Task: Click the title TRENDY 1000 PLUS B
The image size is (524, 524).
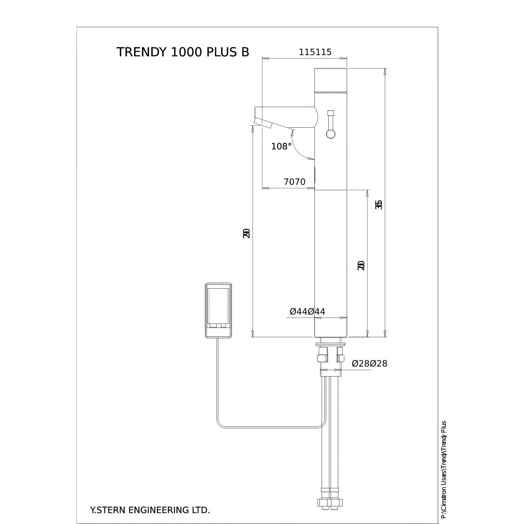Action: click(x=183, y=52)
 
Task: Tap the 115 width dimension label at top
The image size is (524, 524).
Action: click(x=315, y=52)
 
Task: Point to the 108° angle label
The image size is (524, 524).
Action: click(x=281, y=146)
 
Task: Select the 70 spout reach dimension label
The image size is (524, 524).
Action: click(x=294, y=182)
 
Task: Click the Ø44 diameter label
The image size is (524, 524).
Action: click(x=307, y=311)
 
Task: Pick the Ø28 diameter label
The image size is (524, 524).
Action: click(x=369, y=363)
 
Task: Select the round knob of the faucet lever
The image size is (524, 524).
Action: click(x=330, y=134)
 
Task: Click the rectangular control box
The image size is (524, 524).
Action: click(x=218, y=310)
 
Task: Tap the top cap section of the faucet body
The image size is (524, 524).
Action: click(x=330, y=80)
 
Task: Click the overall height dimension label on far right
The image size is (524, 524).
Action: click(x=378, y=205)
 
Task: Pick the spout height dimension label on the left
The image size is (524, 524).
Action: click(x=246, y=233)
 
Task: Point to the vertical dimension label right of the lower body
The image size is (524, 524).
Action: click(x=361, y=265)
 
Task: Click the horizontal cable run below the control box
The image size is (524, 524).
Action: click(x=271, y=428)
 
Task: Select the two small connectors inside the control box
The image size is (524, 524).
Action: click(x=218, y=326)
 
